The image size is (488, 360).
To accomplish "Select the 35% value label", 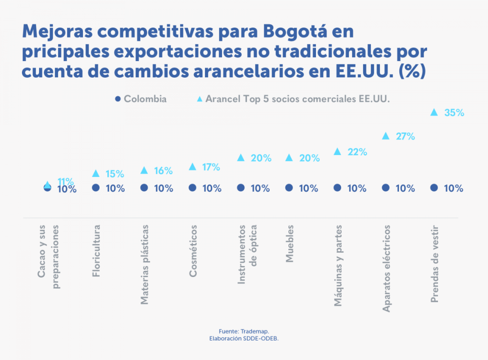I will (454, 113).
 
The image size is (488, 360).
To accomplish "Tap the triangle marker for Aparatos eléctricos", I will (386, 136).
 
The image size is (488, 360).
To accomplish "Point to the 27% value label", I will (406, 136).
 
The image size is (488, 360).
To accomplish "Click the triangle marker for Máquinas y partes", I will (337, 152).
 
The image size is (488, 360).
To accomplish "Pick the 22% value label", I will (357, 152).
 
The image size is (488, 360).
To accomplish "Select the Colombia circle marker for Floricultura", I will (96, 188).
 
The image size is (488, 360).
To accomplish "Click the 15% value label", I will (115, 174).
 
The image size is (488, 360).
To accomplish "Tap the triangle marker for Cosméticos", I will (193, 166).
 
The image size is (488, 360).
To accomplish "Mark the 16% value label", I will (163, 171).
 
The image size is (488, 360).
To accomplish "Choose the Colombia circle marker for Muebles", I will (289, 188).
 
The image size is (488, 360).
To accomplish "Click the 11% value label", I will (65, 181).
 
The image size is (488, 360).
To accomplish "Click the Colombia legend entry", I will (141, 99).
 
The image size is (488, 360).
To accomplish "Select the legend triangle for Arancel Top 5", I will (200, 99).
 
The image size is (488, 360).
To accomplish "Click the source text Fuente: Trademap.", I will (244, 331).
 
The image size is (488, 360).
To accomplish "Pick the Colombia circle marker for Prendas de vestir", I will (434, 188).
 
